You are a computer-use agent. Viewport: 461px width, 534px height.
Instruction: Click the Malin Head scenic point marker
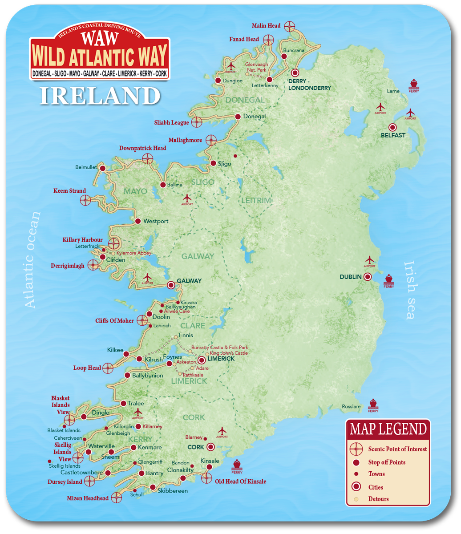290,26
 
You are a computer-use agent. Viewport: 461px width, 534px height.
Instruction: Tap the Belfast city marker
392,127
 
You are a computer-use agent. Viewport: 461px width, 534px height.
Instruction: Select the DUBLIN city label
351,277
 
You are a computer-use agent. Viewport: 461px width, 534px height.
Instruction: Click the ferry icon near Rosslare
373,404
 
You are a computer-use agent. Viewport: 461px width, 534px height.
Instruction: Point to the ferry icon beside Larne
413,84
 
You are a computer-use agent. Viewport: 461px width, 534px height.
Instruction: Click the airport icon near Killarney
138,413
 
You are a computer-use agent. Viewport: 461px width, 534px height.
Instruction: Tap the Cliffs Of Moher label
114,320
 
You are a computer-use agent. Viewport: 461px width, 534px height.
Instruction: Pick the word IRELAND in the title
99,96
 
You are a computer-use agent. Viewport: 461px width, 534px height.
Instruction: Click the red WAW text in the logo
100,38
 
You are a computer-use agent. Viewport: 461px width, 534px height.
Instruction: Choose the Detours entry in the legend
378,499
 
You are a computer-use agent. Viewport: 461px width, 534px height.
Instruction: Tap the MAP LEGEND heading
388,429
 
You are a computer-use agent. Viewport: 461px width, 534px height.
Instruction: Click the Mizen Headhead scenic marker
117,498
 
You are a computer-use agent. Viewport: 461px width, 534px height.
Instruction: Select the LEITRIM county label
256,201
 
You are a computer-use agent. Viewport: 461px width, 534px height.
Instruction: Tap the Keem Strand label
70,191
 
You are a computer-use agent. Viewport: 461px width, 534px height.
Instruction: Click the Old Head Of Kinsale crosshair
206,478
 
